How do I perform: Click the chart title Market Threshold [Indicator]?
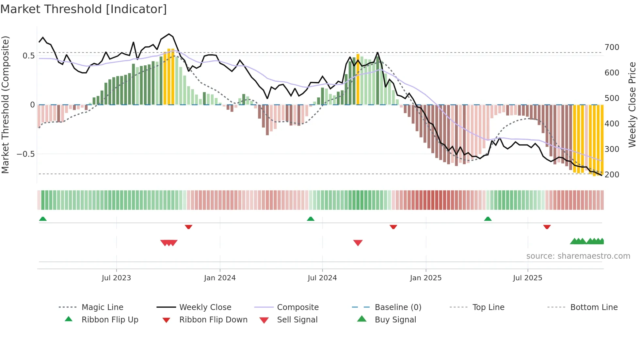tap(84, 9)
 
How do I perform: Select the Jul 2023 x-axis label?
tap(116, 278)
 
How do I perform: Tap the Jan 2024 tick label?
tap(220, 278)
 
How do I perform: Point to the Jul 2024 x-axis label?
tap(322, 278)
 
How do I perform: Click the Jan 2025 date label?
tap(426, 278)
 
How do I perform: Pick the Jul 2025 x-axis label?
tap(528, 278)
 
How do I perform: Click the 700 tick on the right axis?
tap(612, 47)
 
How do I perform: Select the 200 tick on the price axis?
tap(612, 175)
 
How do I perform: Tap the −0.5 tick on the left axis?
tap(26, 154)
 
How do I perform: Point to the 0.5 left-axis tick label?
tap(29, 56)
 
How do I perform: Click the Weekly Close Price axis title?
tap(632, 105)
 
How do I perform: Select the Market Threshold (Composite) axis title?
tap(5, 105)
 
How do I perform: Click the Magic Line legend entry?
tap(102, 307)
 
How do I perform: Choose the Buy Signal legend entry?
tap(395, 320)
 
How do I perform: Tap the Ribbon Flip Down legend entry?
tap(213, 320)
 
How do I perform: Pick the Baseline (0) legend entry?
tap(398, 307)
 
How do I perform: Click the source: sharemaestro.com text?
tap(578, 256)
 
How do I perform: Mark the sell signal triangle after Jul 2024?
tap(358, 243)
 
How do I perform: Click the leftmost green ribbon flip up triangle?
tap(43, 219)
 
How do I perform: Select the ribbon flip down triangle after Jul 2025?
tap(547, 227)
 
